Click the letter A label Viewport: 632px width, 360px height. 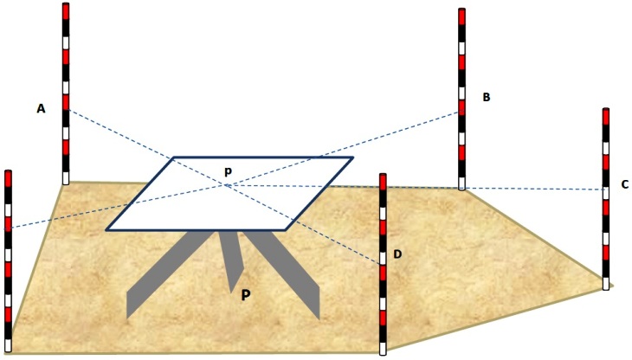coord(41,108)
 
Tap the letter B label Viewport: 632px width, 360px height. coord(487,98)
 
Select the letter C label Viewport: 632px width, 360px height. coord(624,184)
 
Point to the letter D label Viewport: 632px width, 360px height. coord(397,254)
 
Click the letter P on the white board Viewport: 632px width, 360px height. coord(228,172)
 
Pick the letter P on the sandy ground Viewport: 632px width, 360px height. coord(246,295)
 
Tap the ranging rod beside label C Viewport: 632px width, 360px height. coord(606,199)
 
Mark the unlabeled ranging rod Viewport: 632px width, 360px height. coord(9,260)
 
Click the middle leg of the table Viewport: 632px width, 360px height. coord(229,260)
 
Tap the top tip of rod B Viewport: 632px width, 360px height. coord(462,10)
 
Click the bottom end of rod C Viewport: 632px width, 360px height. coord(606,287)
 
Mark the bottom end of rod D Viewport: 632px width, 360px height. coord(383,352)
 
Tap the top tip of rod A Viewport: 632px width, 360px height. coord(66,4)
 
